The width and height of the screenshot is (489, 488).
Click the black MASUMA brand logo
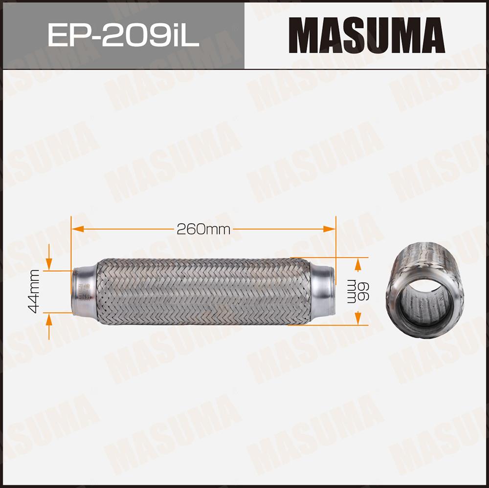[x=367, y=35]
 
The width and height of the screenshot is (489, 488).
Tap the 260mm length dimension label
[x=203, y=230]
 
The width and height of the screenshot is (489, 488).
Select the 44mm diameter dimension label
[x=33, y=291]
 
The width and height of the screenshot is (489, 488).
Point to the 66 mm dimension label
[x=358, y=292]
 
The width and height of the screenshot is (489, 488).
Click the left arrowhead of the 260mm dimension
[x=78, y=229]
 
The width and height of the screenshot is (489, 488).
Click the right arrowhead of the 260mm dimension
[x=329, y=229]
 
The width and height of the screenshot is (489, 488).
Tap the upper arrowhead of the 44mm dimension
[x=49, y=264]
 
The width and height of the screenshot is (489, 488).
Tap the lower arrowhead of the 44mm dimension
[x=49, y=319]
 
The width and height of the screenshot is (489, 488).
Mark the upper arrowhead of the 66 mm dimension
[x=358, y=265]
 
